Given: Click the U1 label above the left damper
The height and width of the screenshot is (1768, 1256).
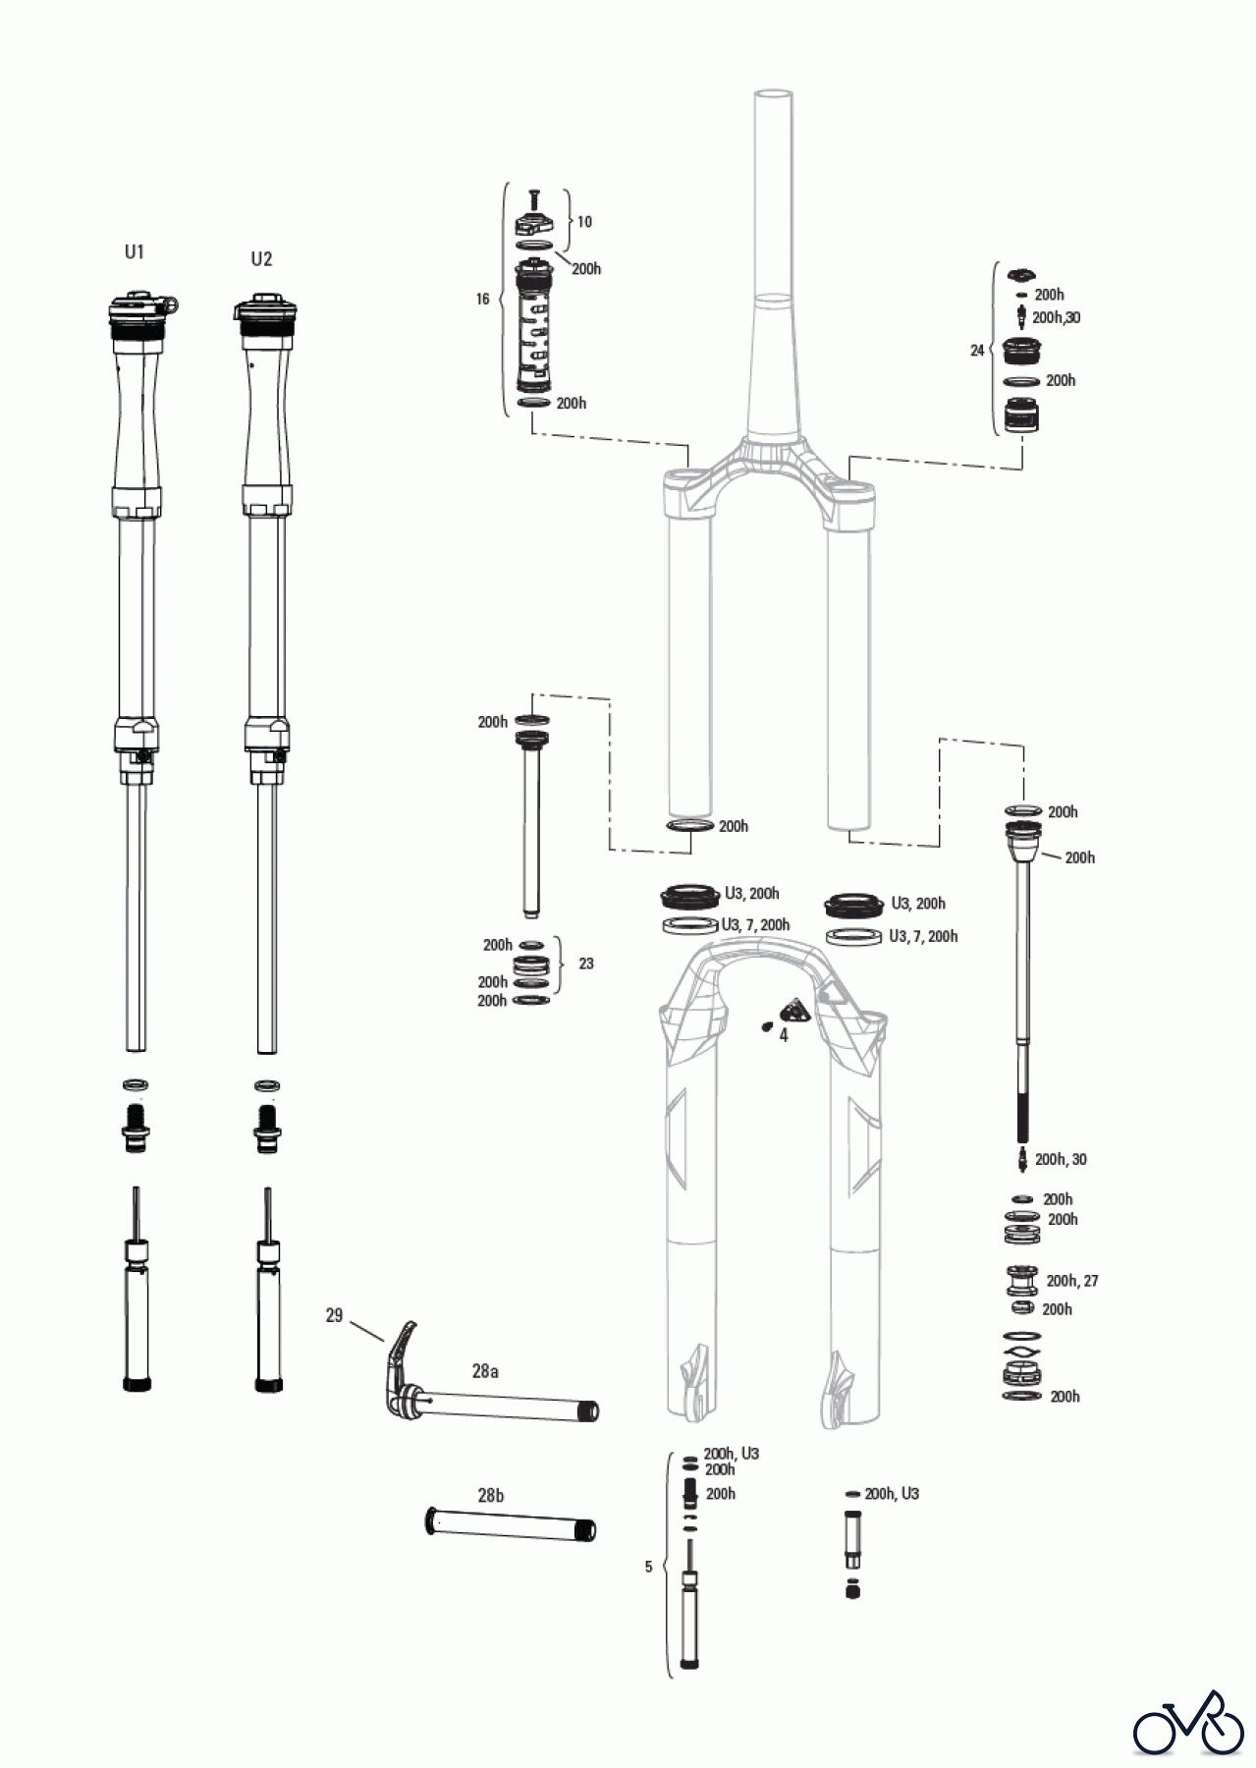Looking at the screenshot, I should pos(135,252).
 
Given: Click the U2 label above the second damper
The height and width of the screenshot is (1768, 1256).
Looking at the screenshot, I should pos(261,259).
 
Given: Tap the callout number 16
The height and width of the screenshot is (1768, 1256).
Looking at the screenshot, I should pos(482,299).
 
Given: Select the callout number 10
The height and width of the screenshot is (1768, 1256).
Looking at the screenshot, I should pos(584,222).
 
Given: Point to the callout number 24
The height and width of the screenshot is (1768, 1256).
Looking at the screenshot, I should pos(977,350).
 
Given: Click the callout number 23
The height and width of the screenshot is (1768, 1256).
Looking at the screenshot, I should pos(586,964).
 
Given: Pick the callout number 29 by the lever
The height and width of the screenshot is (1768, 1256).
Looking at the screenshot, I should pos(335,1315).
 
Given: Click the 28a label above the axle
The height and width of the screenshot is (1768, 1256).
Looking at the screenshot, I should pos(485,1371).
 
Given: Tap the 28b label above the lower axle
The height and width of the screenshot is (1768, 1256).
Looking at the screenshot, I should pos(491,1496).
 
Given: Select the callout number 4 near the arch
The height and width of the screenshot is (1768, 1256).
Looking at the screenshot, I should pos(784,1035).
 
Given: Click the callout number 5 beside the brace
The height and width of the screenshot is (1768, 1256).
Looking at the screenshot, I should pos(648,1567).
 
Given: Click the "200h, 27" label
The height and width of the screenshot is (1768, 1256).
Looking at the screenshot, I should pos(1072,1281).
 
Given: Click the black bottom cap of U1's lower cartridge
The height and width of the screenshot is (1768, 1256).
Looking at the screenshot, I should pos(137,1385).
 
